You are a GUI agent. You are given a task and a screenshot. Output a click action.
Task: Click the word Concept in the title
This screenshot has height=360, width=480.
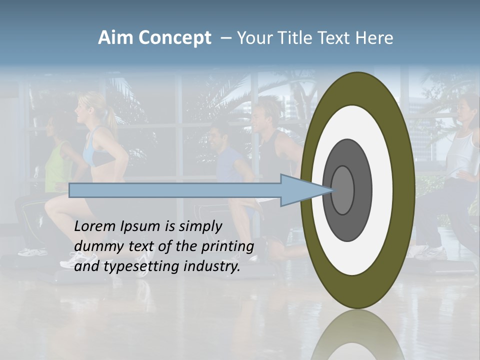(174, 38)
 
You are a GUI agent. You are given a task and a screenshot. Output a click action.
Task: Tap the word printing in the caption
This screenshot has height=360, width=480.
(227, 246)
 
